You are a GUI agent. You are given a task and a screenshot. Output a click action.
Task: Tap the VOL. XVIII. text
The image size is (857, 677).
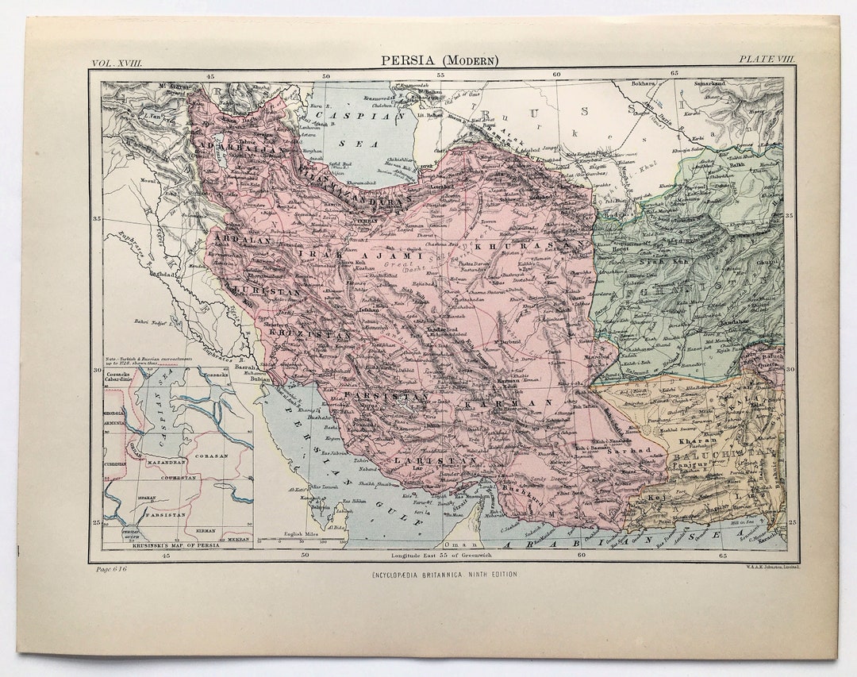pos(117,61)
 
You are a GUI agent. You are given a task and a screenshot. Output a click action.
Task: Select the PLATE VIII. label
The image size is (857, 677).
pos(766,60)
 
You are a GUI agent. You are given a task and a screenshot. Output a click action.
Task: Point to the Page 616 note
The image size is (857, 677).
pos(111,569)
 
